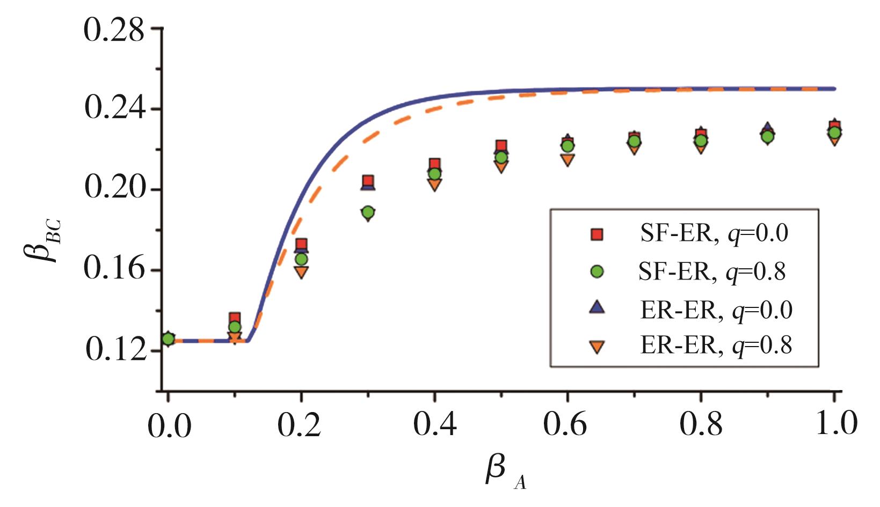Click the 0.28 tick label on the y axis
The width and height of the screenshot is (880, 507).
coord(114,31)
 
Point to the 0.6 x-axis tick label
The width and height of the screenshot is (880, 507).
coord(565,426)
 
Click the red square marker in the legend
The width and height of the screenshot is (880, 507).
coord(597,234)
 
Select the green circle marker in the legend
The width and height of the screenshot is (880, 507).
coord(597,272)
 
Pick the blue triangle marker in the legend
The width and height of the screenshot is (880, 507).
coord(597,309)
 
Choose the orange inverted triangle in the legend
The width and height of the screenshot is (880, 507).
coord(597,347)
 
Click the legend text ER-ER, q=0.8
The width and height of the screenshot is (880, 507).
coord(716,346)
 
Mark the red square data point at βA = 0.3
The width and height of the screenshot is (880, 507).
coord(368,181)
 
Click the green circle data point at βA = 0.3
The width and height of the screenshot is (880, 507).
coord(368,212)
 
